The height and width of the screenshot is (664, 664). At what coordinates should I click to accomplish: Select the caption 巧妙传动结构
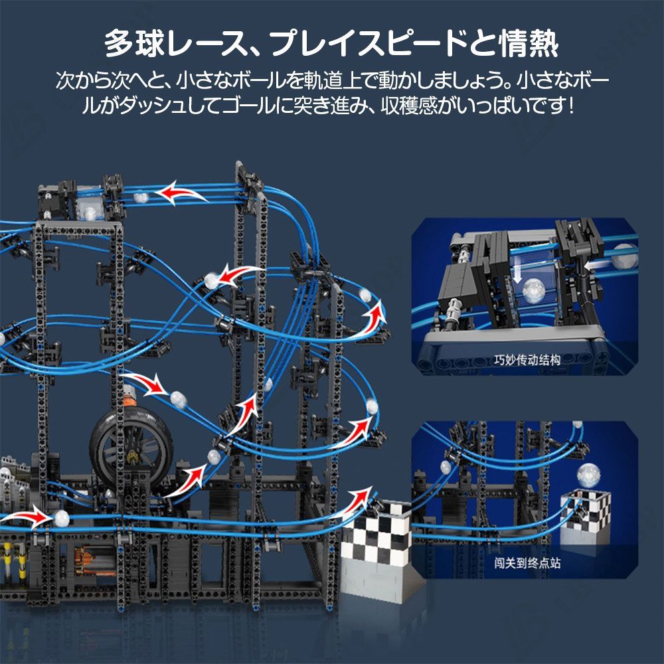[527, 361]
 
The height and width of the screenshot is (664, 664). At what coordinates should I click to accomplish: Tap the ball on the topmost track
[141, 197]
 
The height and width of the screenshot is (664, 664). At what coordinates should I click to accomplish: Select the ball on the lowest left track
[61, 519]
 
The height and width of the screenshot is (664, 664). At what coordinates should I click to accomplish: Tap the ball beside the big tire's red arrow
[177, 398]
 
